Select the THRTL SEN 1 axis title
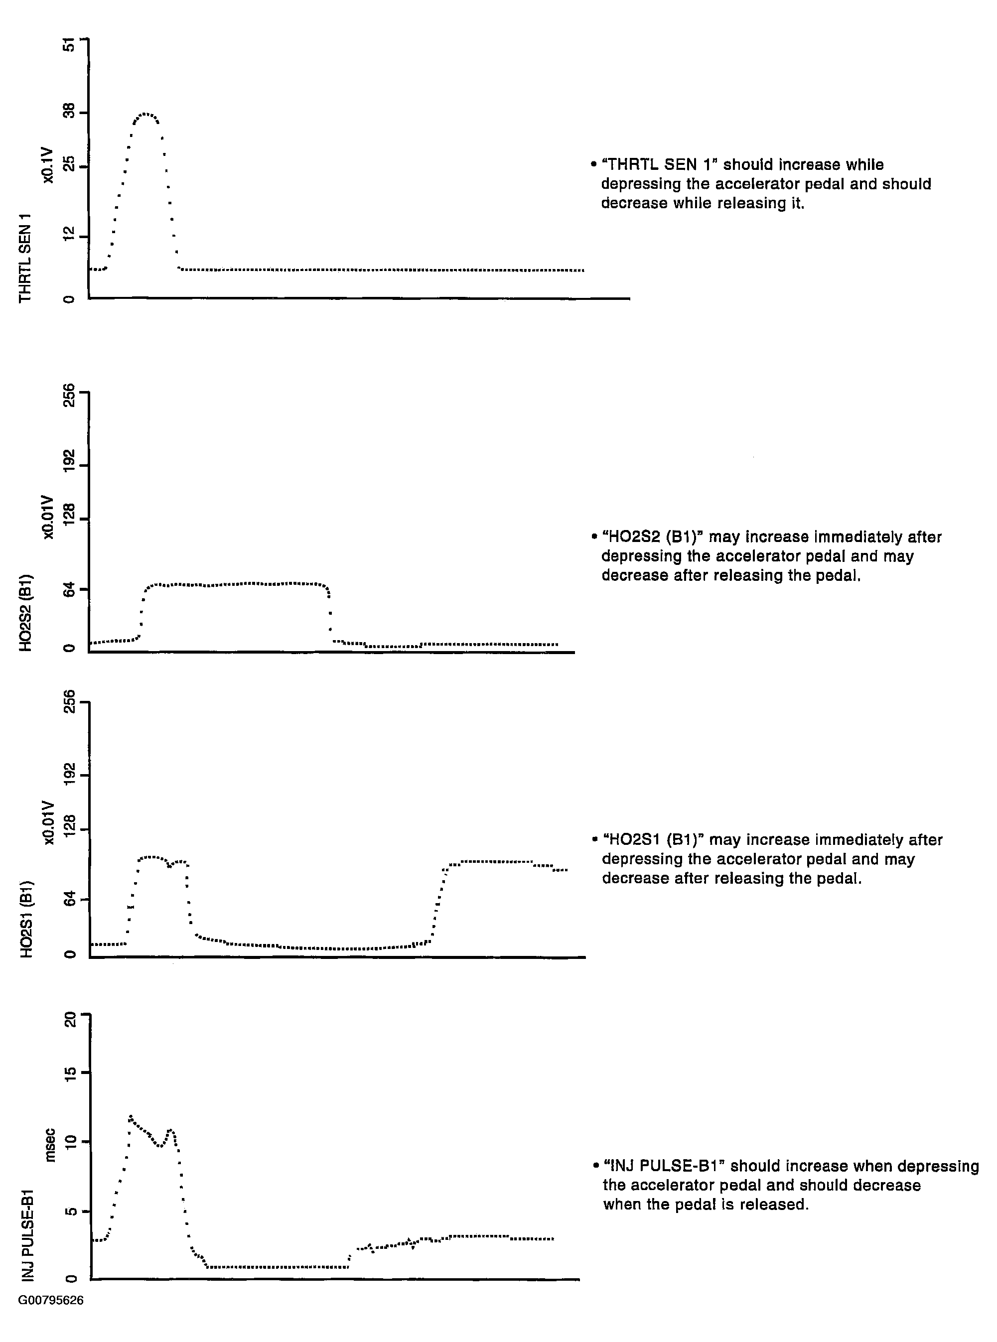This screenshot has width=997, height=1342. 25,258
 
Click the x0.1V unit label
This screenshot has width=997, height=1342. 48,165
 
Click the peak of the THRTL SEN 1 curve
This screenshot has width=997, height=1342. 145,114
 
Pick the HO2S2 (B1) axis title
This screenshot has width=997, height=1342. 25,613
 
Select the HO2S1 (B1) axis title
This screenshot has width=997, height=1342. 26,920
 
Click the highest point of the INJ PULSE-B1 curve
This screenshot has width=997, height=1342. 131,1116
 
